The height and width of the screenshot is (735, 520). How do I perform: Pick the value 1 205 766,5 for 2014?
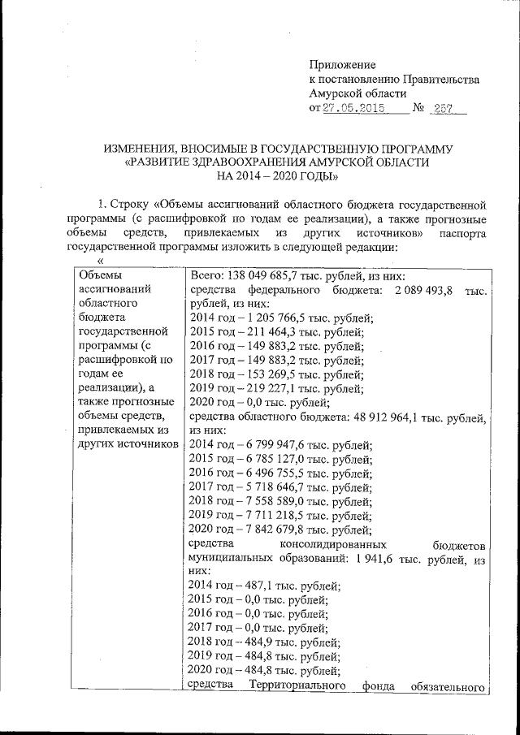(264, 318)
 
